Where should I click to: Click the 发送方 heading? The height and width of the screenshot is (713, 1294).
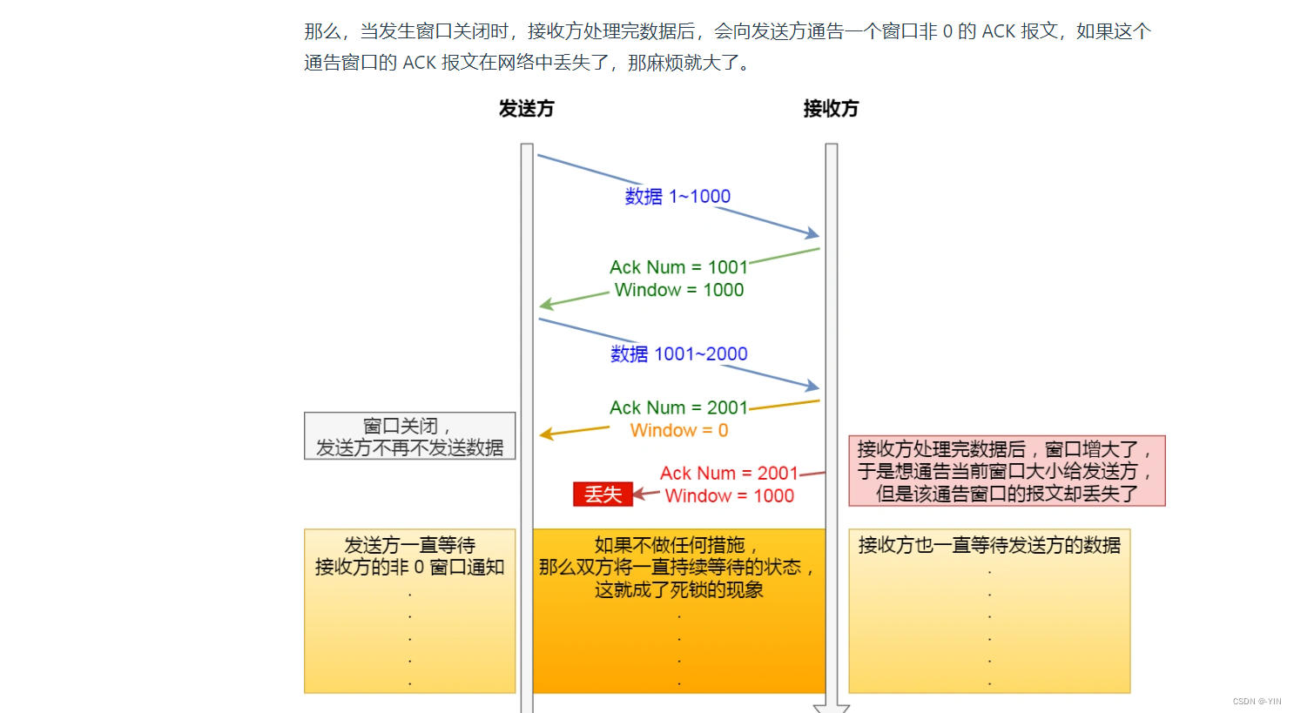pyautogui.click(x=526, y=109)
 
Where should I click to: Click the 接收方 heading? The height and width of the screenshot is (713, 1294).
pyautogui.click(x=831, y=109)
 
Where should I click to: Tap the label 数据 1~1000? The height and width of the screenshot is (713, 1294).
pyautogui.click(x=677, y=197)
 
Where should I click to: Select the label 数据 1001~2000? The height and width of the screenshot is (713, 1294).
pyautogui.click(x=678, y=354)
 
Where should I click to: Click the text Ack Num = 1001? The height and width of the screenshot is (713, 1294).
pyautogui.click(x=678, y=267)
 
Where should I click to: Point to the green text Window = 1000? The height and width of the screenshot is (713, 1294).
pyautogui.click(x=679, y=290)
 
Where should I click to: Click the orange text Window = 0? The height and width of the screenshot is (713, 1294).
pyautogui.click(x=679, y=431)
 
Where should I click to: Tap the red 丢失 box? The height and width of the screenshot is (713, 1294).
pyautogui.click(x=603, y=494)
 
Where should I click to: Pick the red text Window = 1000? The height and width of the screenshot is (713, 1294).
pyautogui.click(x=729, y=496)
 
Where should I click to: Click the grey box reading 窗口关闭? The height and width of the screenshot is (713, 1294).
pyautogui.click(x=409, y=436)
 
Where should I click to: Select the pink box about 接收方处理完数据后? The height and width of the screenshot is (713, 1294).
pyautogui.click(x=1007, y=471)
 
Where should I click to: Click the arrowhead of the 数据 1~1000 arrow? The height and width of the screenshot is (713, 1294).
pyautogui.click(x=813, y=233)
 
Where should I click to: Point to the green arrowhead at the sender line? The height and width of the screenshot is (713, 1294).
pyautogui.click(x=546, y=305)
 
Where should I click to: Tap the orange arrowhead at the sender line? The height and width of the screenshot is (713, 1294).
pyautogui.click(x=546, y=434)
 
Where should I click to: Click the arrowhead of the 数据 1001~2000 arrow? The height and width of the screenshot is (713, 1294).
pyautogui.click(x=813, y=386)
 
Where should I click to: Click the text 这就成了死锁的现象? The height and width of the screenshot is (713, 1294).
pyautogui.click(x=678, y=590)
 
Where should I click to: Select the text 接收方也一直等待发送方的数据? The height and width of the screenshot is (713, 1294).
pyautogui.click(x=989, y=546)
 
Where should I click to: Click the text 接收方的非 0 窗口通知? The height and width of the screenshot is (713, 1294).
pyautogui.click(x=409, y=568)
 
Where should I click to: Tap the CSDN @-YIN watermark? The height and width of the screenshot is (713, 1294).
pyautogui.click(x=1257, y=702)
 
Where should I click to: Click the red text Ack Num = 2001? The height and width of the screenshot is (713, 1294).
pyautogui.click(x=729, y=474)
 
